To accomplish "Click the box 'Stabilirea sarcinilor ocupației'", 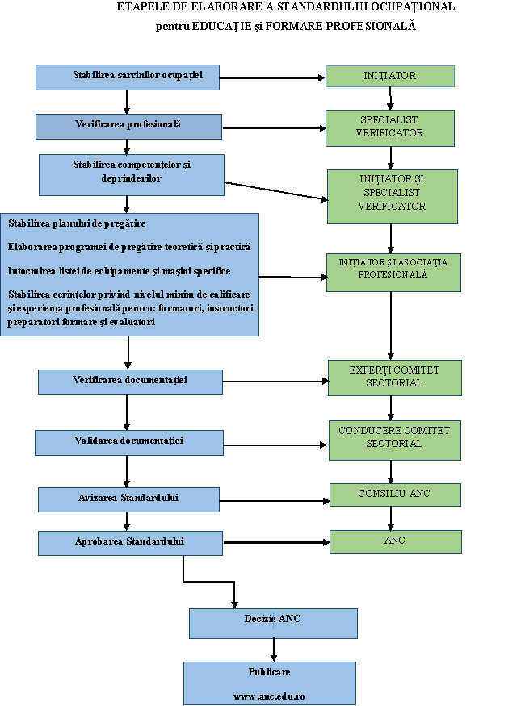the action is click(x=128, y=77).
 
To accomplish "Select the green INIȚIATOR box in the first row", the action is click(x=390, y=76).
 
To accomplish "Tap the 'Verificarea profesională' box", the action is click(x=129, y=127).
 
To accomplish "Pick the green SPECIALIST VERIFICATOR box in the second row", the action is click(x=390, y=127).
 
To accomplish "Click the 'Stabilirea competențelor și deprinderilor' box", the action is click(x=132, y=175).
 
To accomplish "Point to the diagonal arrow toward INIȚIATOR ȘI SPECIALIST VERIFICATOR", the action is click(x=276, y=191).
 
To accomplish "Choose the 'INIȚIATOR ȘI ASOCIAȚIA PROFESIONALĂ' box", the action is click(x=393, y=273).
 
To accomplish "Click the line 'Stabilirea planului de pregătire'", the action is click(x=77, y=223).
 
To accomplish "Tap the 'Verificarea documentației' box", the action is click(x=130, y=382).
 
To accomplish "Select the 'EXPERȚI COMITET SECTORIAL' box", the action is click(x=395, y=378).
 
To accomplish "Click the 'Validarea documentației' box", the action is click(x=129, y=443).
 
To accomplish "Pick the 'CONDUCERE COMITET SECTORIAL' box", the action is click(x=395, y=441).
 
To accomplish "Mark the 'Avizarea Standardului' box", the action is click(x=129, y=499).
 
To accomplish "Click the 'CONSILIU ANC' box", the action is click(x=395, y=495).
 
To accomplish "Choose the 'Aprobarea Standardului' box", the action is click(x=130, y=544).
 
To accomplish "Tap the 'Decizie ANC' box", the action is click(x=273, y=624).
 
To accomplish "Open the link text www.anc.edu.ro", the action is click(x=269, y=696).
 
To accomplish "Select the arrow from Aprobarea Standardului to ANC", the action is click(x=277, y=542).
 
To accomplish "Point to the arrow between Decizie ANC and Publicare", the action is click(x=274, y=650).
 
